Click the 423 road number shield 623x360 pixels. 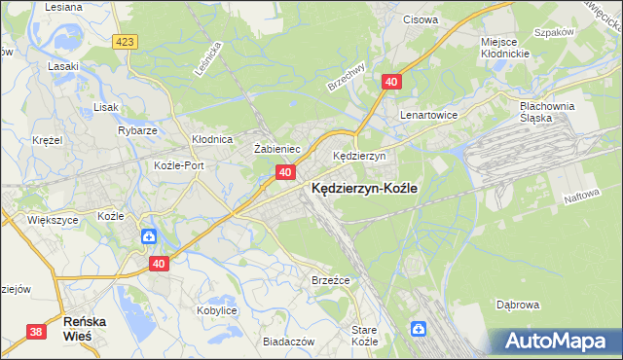coord(124,42)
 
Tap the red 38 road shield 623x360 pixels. coord(36,332)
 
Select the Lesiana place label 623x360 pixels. coord(62,6)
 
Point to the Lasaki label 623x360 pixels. coord(63,67)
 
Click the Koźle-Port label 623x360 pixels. coord(179,165)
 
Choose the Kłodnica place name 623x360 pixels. coord(211,139)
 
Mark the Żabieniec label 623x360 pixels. coord(275,149)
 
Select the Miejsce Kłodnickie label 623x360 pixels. coord(504,47)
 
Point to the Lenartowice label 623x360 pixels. coord(428,114)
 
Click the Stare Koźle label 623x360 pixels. coord(363,337)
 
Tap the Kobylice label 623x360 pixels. coord(217,309)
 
